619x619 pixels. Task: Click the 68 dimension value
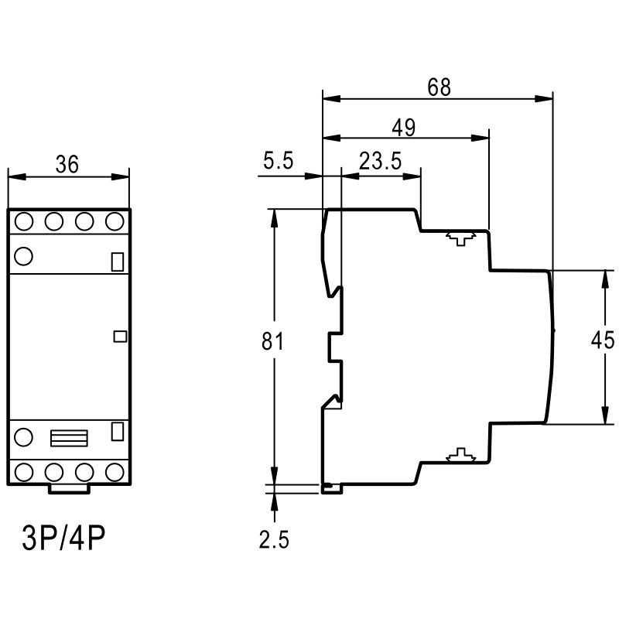(x=439, y=87)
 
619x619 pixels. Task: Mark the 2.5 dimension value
(x=274, y=540)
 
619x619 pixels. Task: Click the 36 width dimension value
(x=68, y=163)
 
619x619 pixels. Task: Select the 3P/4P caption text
(x=64, y=536)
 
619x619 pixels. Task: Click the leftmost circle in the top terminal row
(x=23, y=222)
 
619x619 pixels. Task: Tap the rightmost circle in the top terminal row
(x=115, y=222)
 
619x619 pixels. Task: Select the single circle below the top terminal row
(x=23, y=255)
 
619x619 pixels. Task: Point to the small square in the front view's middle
(x=119, y=336)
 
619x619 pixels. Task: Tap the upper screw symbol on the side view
(x=460, y=238)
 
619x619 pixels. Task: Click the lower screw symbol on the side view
(x=460, y=456)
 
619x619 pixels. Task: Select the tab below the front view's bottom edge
(x=69, y=487)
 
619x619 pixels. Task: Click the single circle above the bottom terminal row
(x=23, y=438)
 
